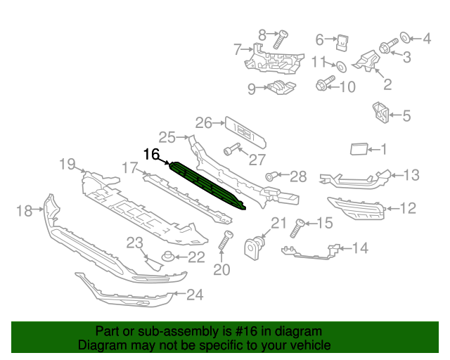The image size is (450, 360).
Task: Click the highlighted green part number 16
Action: click(x=207, y=185)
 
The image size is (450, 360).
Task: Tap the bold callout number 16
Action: click(x=152, y=155)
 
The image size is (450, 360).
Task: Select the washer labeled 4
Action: click(x=405, y=37)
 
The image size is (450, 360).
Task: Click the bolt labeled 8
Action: click(x=280, y=39)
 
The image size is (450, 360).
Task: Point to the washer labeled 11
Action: click(x=341, y=67)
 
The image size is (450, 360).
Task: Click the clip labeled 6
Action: click(x=342, y=42)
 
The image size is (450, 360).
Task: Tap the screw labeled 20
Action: click(x=226, y=240)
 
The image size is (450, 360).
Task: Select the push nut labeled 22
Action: click(x=168, y=257)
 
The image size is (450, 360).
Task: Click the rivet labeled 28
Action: click(x=271, y=176)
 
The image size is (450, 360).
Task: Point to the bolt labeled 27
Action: click(x=231, y=149)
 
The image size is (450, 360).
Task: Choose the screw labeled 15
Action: click(x=297, y=229)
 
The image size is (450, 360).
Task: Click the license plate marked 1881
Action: click(x=245, y=133)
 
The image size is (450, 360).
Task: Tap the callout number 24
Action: click(x=195, y=295)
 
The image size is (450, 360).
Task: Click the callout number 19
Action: click(x=67, y=165)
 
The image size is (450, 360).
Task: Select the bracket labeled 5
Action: click(x=380, y=112)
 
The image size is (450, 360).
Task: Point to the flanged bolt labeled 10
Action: click(x=325, y=83)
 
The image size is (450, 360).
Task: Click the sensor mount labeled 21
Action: click(x=254, y=247)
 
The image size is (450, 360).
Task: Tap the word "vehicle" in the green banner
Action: click(x=313, y=345)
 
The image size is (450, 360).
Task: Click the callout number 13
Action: click(x=411, y=175)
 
